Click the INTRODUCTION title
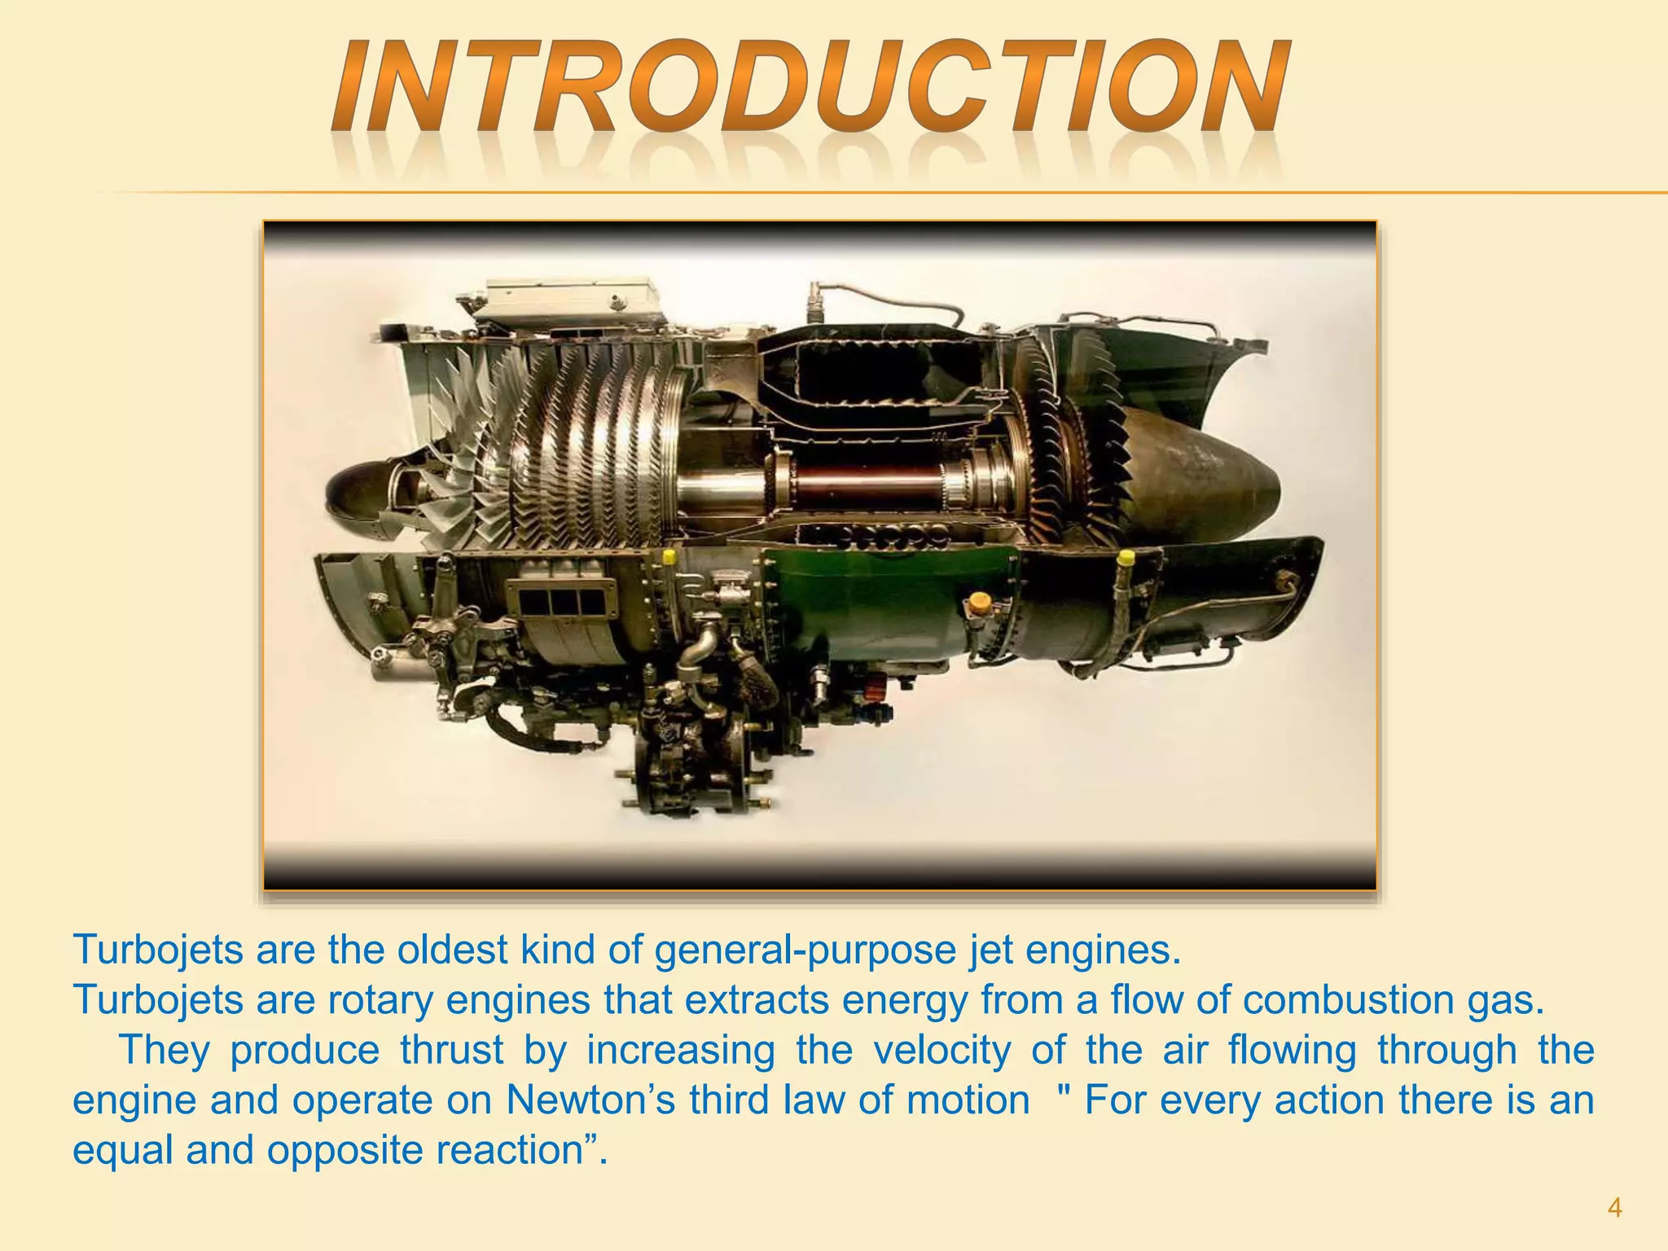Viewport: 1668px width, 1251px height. click(x=810, y=88)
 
